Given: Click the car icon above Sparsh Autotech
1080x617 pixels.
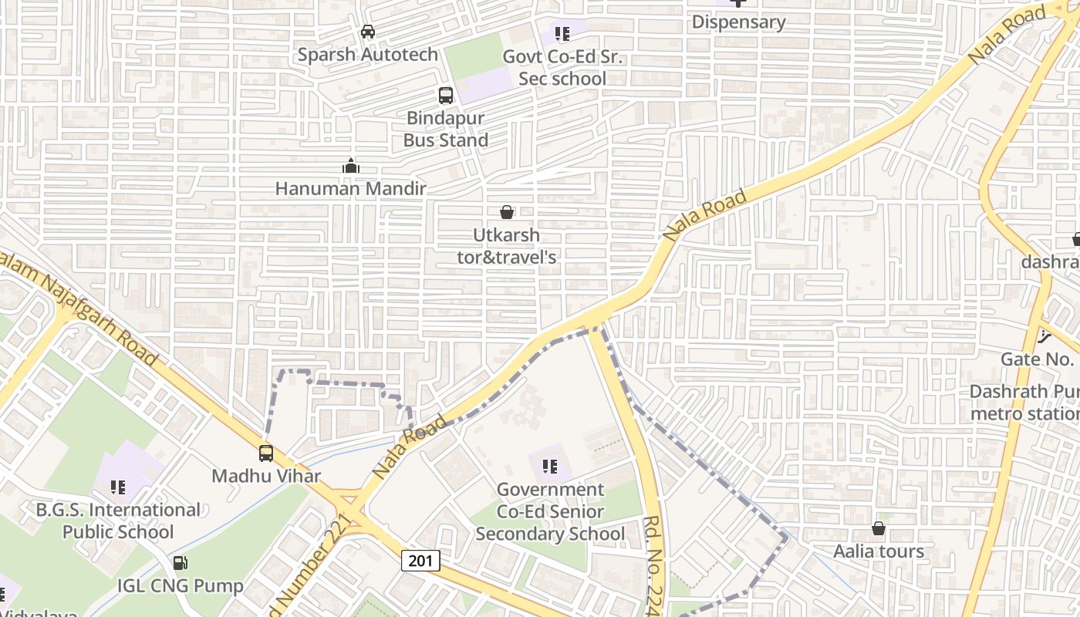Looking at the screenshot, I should pos(368,32).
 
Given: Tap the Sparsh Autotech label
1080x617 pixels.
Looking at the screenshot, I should pos(368,55).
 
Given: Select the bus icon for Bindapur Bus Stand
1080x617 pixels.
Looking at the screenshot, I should pos(446,96).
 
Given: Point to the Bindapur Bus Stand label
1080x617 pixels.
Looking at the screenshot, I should pos(446,130).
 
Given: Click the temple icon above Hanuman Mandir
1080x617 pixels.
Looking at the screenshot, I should pos(351,166).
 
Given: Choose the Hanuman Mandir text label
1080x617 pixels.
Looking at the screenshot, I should pos(351,188).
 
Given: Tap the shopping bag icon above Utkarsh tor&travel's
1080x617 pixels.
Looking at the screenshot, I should pos(507,212).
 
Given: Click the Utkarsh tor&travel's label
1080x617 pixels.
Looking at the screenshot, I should pos(507,246).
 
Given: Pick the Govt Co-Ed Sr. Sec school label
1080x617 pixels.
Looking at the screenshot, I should pos(562,68).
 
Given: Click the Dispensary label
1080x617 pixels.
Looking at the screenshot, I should pos(738,22).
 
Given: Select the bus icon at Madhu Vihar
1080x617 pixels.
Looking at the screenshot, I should pos(266,453).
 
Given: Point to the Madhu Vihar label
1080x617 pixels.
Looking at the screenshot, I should pos(266,475).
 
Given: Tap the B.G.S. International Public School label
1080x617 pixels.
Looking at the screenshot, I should pos(118,521).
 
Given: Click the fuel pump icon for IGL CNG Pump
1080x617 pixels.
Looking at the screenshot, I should pos(180,564).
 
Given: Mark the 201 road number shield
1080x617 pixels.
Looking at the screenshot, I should pos(420,561).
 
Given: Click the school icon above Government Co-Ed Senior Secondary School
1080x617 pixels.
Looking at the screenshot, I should pos(550,466).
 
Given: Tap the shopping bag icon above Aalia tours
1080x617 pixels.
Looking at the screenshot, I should pos(878,528).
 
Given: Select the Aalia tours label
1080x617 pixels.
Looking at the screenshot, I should pos(878,551).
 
